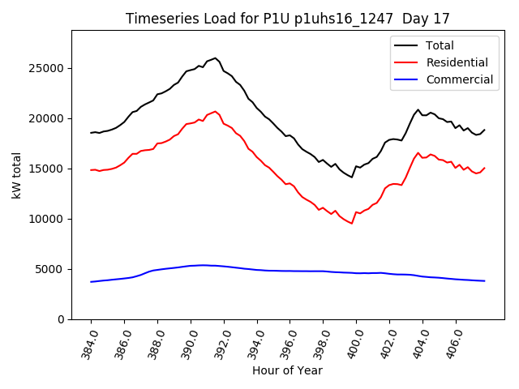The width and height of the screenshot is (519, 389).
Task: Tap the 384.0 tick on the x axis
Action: [88, 344]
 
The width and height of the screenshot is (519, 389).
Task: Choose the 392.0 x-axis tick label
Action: [221, 344]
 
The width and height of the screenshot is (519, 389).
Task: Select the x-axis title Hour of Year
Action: [286, 371]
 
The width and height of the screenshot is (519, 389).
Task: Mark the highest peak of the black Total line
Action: [216, 58]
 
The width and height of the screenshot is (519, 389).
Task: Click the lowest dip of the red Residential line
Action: [352, 224]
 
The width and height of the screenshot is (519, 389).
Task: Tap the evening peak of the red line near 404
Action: [418, 152]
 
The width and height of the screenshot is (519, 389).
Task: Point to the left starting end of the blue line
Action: [91, 282]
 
